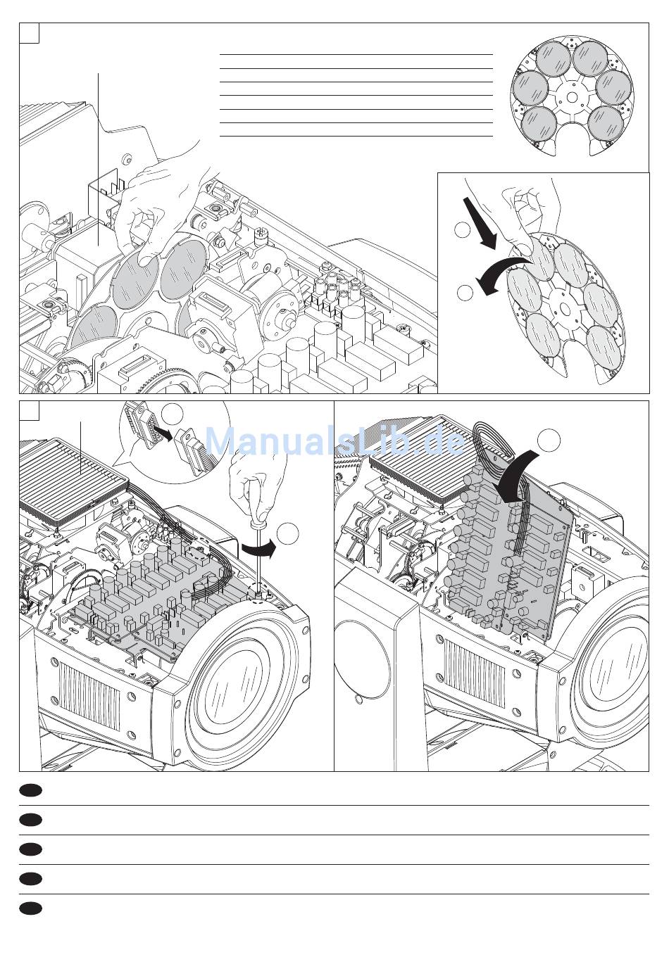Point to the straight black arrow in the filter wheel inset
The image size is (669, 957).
coord(478,224)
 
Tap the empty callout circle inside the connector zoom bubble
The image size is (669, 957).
coord(173,414)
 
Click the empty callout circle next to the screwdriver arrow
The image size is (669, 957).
coord(287,533)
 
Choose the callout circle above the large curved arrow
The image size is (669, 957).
coord(549,441)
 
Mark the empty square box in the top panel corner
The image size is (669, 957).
coord(30,33)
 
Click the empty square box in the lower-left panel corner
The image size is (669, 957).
coord(30,410)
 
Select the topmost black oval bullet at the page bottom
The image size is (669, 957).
coord(30,791)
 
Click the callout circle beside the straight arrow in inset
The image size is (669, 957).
coord(462,229)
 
